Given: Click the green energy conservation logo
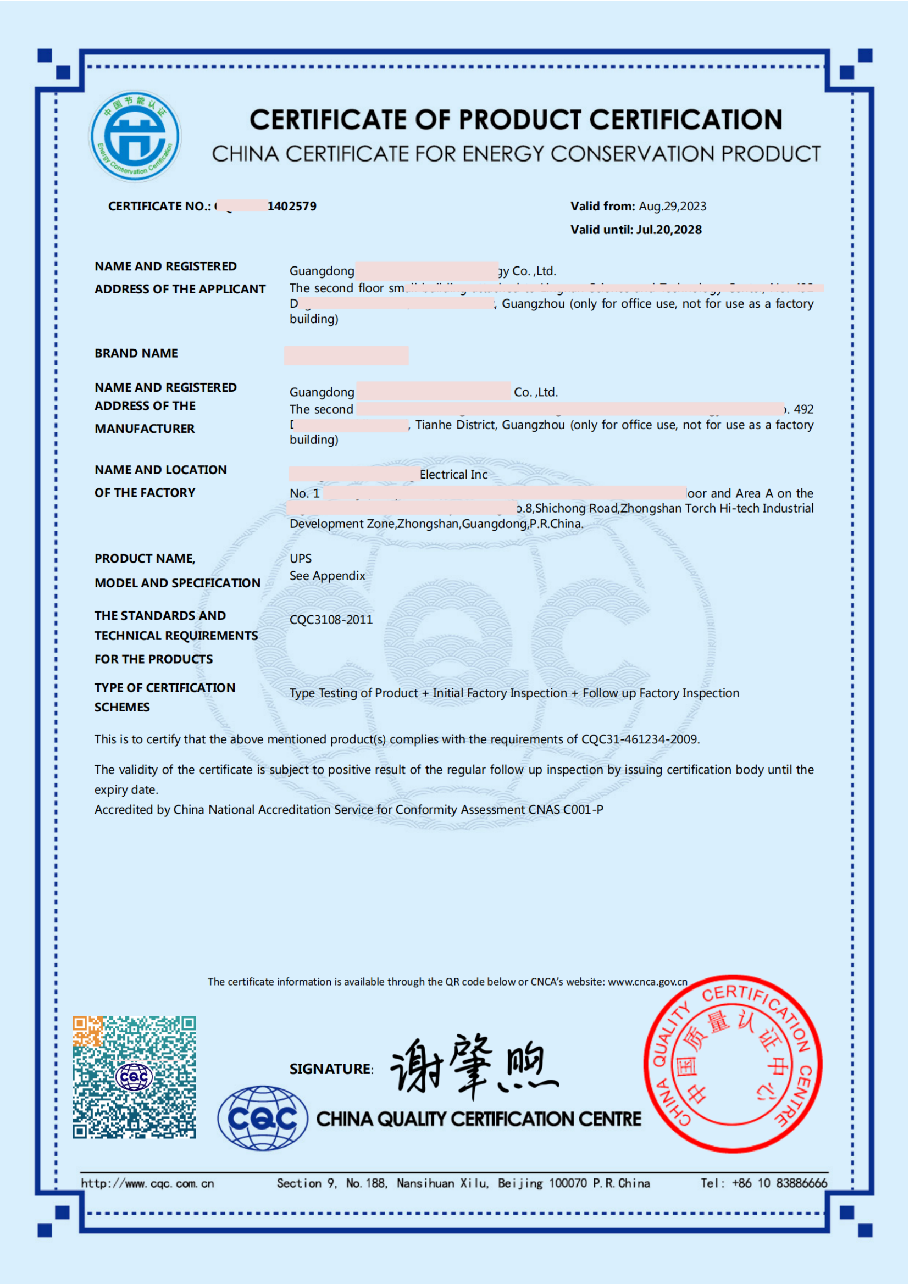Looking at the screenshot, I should point(135,136).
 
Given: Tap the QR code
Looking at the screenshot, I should point(134,1077).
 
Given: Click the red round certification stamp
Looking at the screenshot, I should point(733,1064).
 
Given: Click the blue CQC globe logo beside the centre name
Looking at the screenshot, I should point(263,1118).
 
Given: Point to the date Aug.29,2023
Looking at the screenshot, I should point(672,207).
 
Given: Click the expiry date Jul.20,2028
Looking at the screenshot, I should point(669,230).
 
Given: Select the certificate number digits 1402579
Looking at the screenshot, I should point(292,207).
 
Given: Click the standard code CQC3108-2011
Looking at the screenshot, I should point(331,620).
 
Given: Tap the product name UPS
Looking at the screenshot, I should point(301,559).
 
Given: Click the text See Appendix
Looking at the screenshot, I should point(327,576).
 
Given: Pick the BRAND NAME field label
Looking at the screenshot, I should point(136,353).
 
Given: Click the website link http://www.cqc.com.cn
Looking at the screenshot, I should point(147,1183).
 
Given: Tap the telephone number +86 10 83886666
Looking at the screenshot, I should point(779,1183).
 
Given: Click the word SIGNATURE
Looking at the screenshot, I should point(330,1069).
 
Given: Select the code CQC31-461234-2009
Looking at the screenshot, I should point(639,739).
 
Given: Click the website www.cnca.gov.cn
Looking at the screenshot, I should point(647,982).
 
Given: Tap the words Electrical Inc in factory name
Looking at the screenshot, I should point(453,475).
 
